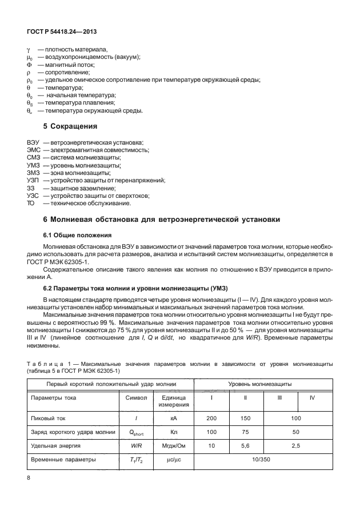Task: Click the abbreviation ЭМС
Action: (x=34, y=150)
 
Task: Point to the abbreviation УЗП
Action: (x=33, y=180)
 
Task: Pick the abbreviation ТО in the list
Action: (x=31, y=203)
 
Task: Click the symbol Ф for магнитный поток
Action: (x=29, y=65)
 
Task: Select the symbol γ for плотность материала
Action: (x=29, y=50)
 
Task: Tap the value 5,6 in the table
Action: (x=245, y=444)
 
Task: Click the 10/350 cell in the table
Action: (x=261, y=459)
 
